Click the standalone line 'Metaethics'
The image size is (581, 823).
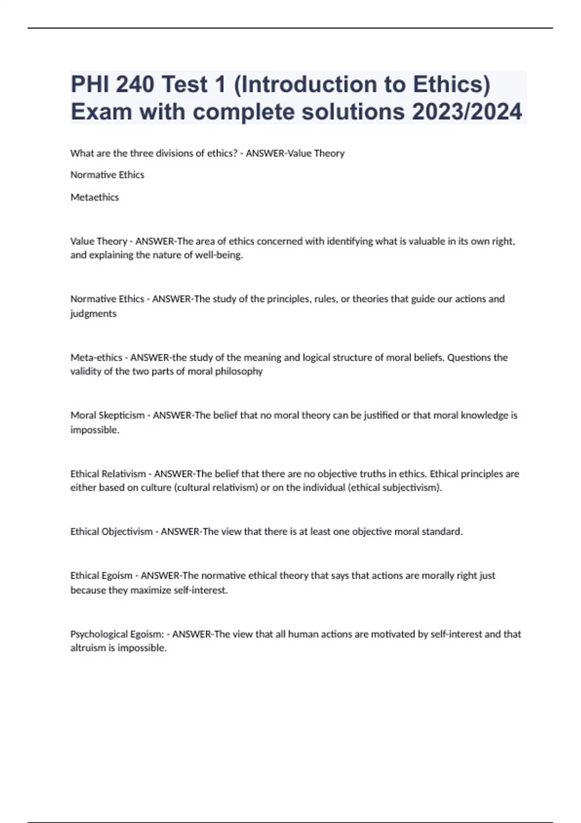coord(94,197)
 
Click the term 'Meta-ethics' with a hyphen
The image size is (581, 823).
coord(96,357)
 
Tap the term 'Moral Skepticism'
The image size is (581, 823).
coord(107,415)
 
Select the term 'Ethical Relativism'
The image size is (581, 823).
coord(108,473)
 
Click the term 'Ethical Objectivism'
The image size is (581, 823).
coord(111,532)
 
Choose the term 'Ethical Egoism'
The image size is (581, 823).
coord(101,576)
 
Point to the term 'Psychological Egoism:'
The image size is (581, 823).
coord(117,634)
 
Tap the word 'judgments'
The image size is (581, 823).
coord(93,314)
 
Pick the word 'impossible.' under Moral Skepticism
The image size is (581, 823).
coord(95,430)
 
